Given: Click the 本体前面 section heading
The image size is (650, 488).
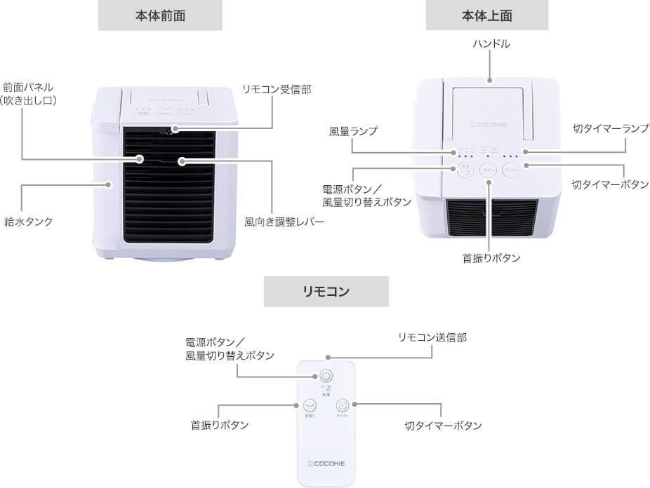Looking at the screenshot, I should pyautogui.click(x=160, y=15).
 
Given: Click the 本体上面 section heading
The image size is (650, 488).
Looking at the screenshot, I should pyautogui.click(x=487, y=15).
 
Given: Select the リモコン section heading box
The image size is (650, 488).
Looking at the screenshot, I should pyautogui.click(x=326, y=292).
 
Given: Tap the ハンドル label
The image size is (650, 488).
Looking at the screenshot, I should pyautogui.click(x=491, y=44).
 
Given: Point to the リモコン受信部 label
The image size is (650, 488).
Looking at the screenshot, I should pyautogui.click(x=276, y=89).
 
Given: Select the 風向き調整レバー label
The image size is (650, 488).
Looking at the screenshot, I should pyautogui.click(x=284, y=222).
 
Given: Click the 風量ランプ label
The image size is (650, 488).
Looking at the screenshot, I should pyautogui.click(x=353, y=131).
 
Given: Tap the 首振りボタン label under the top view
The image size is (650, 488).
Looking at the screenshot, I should pyautogui.click(x=491, y=258).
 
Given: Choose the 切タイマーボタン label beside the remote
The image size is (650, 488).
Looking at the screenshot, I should pyautogui.click(x=444, y=426).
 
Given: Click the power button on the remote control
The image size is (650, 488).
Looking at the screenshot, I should pyautogui.click(x=326, y=377).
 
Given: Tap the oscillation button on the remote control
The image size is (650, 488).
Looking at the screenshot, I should pyautogui.click(x=310, y=405).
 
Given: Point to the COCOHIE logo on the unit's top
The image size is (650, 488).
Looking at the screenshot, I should pyautogui.click(x=491, y=128).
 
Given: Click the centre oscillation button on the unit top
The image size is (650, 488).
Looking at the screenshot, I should pyautogui.click(x=489, y=170).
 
